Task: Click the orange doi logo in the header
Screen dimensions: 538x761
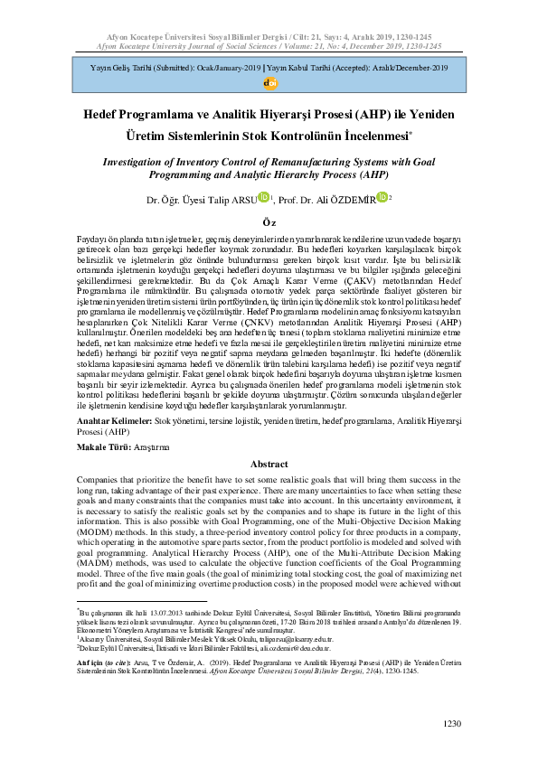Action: click(269, 82)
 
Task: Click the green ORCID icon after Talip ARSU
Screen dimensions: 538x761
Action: click(264, 197)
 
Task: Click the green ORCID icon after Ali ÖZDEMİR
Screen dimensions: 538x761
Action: click(382, 197)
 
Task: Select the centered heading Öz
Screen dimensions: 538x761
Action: click(269, 221)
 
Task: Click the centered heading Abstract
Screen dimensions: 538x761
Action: click(269, 464)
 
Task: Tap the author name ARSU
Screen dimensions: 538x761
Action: click(241, 199)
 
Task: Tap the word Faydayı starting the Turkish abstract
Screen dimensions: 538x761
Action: click(95, 236)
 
